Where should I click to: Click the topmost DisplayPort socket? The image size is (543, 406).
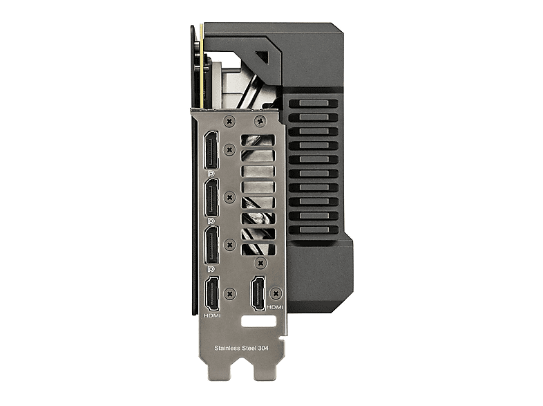click(211, 149)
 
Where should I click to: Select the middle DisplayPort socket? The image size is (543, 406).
click(211, 197)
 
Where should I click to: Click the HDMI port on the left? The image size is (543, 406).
click(212, 295)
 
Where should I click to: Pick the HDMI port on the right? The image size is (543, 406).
click(258, 293)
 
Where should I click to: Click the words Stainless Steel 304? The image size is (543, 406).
click(241, 348)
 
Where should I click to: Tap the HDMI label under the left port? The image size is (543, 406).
click(212, 316)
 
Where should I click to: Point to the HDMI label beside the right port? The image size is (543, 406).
click(275, 307)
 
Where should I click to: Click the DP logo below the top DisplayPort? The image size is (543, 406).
click(210, 172)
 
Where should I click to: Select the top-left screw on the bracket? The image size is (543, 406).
click(229, 121)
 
